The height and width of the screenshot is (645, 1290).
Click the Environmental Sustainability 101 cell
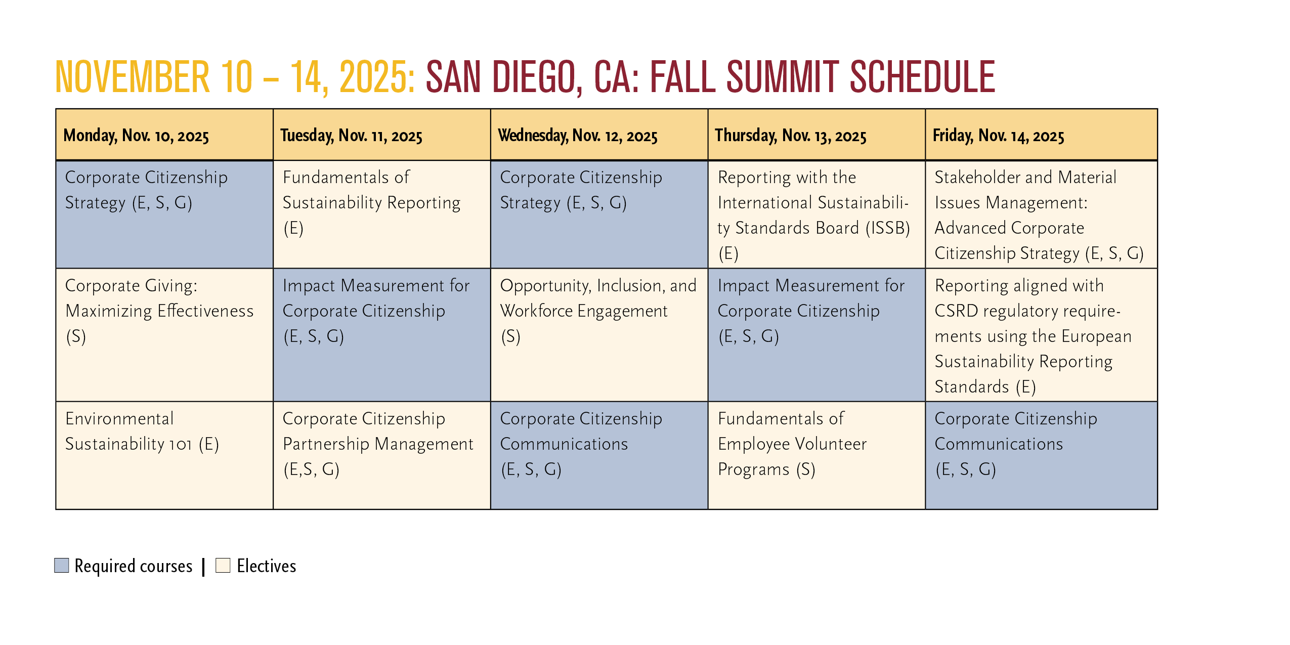tap(164, 455)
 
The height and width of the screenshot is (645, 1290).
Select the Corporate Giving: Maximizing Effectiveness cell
tap(164, 335)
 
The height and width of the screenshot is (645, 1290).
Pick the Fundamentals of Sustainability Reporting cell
tap(382, 214)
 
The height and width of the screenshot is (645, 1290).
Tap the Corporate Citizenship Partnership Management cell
tap(382, 455)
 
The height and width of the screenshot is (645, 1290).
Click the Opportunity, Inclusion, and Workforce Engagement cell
tap(599, 335)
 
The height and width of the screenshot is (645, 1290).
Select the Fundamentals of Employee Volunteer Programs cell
tap(816, 455)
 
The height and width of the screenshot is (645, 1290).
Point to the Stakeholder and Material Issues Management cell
tap(1041, 214)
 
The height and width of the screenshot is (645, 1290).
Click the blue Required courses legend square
tap(62, 565)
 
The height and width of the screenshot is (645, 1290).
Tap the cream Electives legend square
tap(223, 565)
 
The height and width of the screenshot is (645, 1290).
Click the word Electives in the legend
tap(267, 566)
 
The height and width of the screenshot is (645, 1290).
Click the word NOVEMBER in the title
tap(133, 77)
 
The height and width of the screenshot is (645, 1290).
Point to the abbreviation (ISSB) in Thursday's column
tap(888, 228)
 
